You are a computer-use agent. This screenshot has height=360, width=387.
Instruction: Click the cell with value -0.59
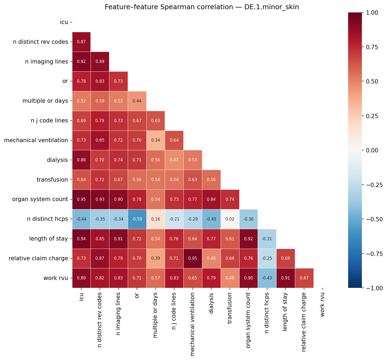point(137,219)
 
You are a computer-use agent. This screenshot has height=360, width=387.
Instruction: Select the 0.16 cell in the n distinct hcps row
point(156,219)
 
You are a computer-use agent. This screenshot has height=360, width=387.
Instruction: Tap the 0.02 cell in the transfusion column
point(230,219)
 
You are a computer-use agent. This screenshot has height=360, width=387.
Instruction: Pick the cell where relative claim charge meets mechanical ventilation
point(193,258)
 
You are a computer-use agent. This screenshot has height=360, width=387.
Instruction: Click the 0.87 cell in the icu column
point(81,42)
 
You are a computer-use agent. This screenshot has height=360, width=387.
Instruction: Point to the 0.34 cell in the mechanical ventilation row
point(156,140)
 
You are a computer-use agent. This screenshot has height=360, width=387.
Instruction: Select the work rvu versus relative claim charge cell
point(304,278)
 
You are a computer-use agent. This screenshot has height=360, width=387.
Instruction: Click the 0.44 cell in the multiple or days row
point(137,101)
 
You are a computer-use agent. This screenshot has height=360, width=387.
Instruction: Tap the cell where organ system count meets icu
point(81,199)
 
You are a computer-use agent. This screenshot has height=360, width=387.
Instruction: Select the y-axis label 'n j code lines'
point(49,121)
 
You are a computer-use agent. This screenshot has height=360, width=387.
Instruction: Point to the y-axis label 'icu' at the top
point(64,22)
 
